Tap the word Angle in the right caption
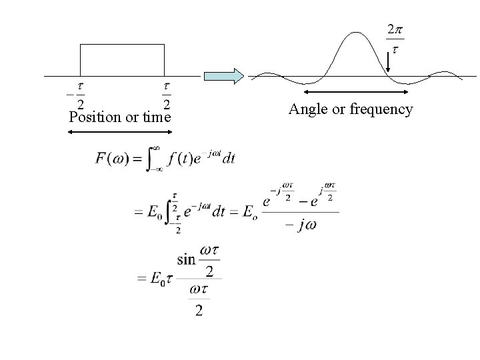[x=304, y=109]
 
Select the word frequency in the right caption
[x=381, y=109]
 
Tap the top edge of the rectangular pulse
[x=122, y=45]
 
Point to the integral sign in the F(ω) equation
[x=152, y=159]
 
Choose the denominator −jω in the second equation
[x=300, y=225]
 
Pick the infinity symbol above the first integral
[x=155, y=147]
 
